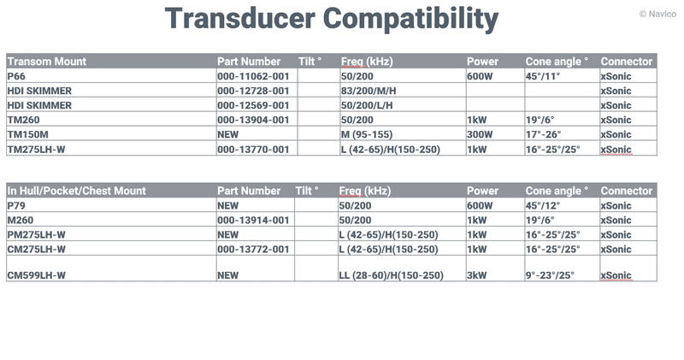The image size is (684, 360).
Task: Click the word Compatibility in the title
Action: (x=410, y=20)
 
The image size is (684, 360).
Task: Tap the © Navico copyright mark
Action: (x=657, y=14)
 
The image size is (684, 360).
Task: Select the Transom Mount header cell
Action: (x=47, y=62)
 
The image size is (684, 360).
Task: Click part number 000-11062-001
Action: (x=253, y=76)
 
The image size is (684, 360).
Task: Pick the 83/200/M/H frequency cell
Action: (x=369, y=91)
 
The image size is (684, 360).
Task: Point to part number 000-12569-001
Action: (x=253, y=105)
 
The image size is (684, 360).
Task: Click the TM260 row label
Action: (x=23, y=120)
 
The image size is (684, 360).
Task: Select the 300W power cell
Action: (x=480, y=134)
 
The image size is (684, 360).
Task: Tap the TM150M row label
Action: (x=27, y=134)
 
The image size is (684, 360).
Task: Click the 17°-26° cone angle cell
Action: (x=543, y=134)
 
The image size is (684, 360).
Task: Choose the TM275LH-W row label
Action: (x=36, y=150)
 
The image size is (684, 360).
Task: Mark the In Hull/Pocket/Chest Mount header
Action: (x=76, y=191)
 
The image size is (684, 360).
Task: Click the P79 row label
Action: (x=16, y=205)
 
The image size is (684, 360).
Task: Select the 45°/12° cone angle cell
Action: (x=542, y=205)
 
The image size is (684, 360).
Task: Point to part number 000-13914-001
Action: (x=253, y=221)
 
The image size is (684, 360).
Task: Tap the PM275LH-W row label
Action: (x=36, y=235)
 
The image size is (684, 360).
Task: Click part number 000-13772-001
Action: (x=253, y=249)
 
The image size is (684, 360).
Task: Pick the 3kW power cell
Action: (x=476, y=275)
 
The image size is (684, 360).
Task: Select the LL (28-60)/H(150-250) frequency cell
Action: (x=392, y=276)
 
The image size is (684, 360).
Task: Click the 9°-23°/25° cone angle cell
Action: (x=550, y=275)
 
